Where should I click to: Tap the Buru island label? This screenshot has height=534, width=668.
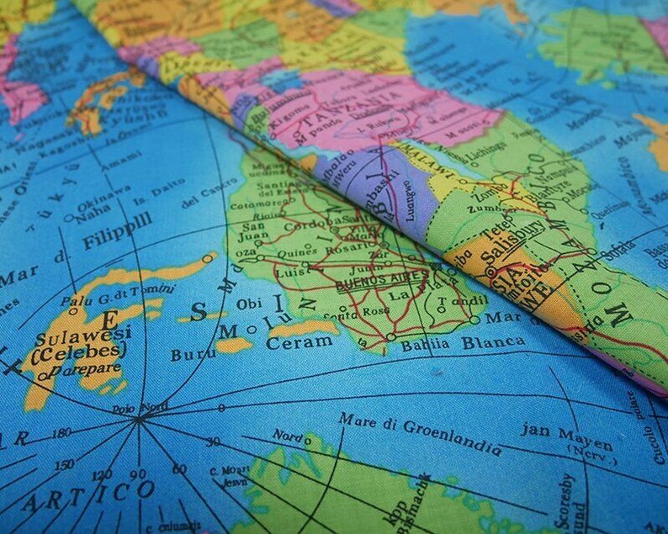pyautogui.click(x=193, y=354)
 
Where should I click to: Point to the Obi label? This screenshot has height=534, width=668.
pyautogui.click(x=249, y=303)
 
